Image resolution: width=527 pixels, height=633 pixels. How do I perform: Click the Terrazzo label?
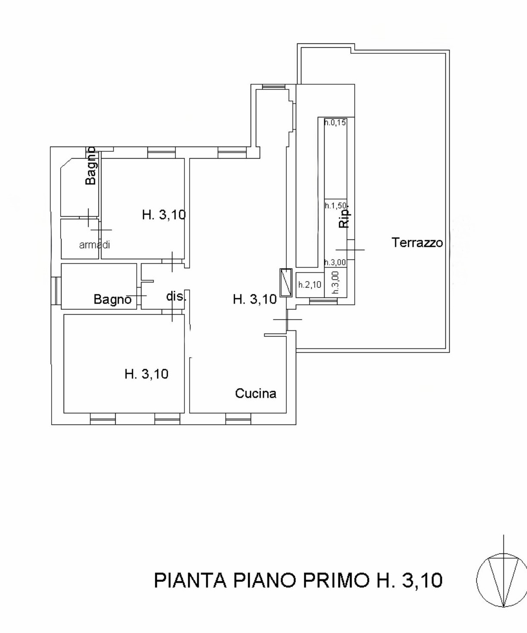tap(417, 242)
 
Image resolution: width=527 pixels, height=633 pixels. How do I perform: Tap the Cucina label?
tap(256, 394)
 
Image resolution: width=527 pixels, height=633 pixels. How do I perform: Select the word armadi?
tap(94, 245)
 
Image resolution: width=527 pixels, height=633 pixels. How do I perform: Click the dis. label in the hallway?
tap(176, 296)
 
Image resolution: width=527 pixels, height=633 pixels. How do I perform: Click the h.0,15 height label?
tap(335, 122)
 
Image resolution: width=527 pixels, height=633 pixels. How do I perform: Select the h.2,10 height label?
tap(309, 284)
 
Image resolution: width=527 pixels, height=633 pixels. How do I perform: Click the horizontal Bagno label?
tap(113, 300)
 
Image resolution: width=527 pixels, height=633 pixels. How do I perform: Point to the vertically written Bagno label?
tap(91, 166)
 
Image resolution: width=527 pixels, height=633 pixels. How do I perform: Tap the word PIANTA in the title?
tap(190, 580)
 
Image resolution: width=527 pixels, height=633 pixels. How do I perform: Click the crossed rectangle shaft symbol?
tap(285, 282)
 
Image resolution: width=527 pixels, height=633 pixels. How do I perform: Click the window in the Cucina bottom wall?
tap(238, 419)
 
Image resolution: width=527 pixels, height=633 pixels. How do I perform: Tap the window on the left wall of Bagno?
tap(56, 291)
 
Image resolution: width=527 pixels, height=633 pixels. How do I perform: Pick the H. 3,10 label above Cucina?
tap(255, 300)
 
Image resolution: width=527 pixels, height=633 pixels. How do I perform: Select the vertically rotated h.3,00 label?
tap(336, 282)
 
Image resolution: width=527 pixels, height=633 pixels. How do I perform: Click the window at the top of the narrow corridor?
tap(273, 87)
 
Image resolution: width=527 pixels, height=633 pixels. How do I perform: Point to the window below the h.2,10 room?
tap(323, 301)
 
